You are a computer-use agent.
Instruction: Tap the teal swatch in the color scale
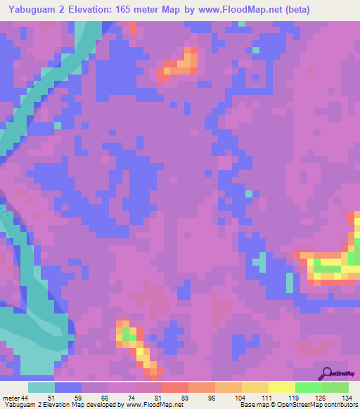pos(41,388)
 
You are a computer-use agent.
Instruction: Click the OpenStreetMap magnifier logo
pos(326,373)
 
